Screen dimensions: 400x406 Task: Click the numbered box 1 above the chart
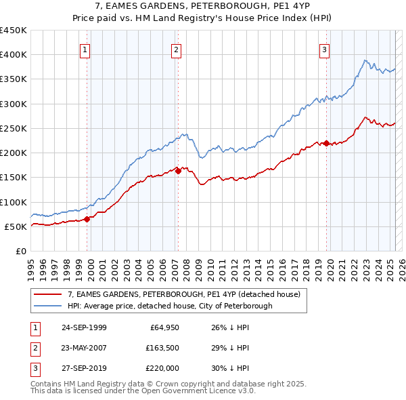(x=85, y=49)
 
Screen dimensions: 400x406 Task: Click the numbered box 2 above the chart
(x=175, y=49)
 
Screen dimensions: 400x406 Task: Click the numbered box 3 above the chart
(x=324, y=49)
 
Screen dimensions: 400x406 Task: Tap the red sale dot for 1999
(x=87, y=219)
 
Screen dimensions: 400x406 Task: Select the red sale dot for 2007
(x=178, y=171)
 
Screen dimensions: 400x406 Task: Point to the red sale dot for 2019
(x=326, y=143)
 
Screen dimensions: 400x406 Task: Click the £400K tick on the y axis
(x=14, y=55)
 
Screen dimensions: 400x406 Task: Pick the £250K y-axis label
(x=14, y=128)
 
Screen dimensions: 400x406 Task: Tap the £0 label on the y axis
(x=20, y=251)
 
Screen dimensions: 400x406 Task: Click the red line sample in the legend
(x=48, y=294)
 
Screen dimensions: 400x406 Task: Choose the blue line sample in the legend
(x=48, y=306)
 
